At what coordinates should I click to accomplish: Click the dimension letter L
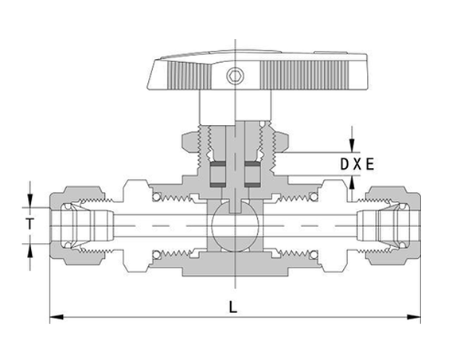[233, 307]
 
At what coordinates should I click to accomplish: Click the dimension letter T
[29, 225]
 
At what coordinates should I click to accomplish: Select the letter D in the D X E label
[345, 164]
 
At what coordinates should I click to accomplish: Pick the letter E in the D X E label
[370, 164]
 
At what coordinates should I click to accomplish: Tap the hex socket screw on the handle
[235, 76]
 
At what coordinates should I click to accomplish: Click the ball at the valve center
[235, 226]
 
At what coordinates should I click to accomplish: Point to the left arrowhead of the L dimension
[57, 317]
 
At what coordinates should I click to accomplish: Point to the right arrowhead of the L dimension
[413, 317]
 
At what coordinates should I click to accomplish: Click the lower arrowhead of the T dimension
[29, 251]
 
